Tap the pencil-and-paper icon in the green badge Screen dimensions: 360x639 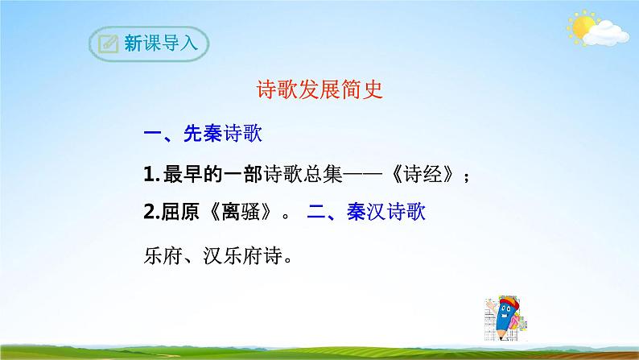click(x=106, y=44)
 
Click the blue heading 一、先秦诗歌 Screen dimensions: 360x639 click(x=202, y=134)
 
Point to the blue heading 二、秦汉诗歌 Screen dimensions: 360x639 click(x=366, y=213)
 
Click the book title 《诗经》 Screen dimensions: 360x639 click(x=422, y=174)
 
